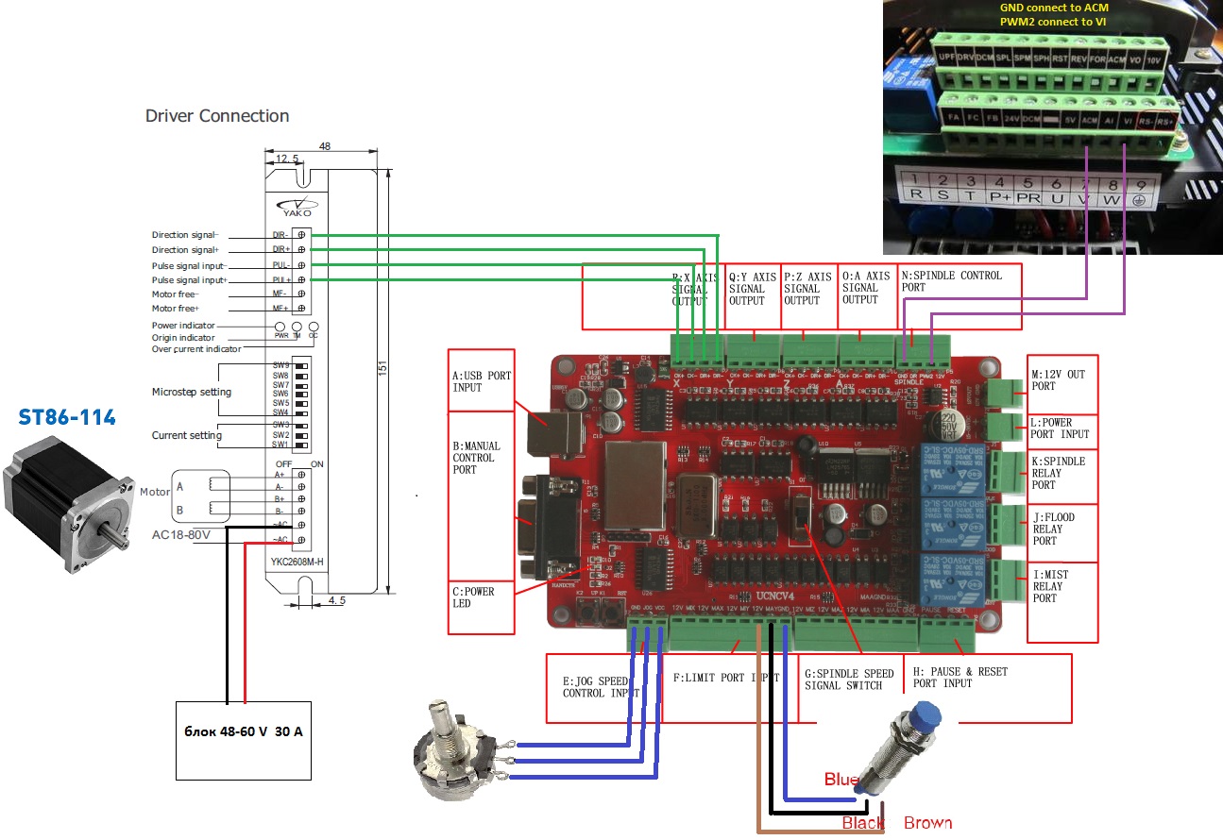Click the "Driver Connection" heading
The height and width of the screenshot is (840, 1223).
[217, 116]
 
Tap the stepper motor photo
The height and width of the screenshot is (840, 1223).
[65, 500]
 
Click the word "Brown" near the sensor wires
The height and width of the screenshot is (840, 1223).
[927, 823]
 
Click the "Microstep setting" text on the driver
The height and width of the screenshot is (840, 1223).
[192, 392]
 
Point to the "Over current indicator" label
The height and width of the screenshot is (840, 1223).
[196, 349]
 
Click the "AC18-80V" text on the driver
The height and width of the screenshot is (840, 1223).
[180, 534]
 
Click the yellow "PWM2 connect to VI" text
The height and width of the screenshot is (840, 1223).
[1053, 21]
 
